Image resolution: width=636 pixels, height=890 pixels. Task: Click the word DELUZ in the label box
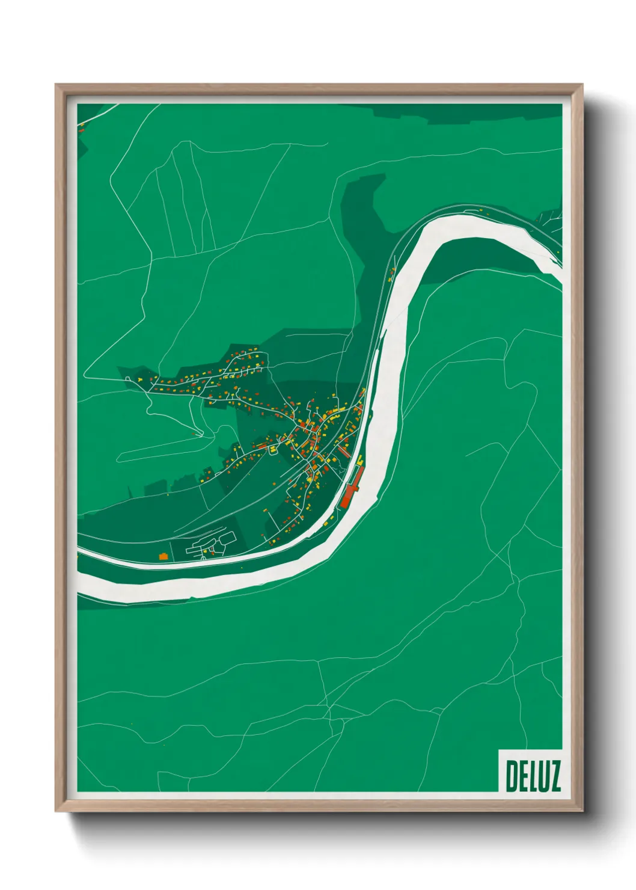[x=533, y=776]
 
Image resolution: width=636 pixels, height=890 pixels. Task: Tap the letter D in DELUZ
[x=512, y=776]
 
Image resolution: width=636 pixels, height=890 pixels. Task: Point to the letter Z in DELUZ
[x=554, y=776]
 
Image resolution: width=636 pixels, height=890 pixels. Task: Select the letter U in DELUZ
[x=542, y=776]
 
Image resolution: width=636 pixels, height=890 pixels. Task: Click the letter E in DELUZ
[x=522, y=776]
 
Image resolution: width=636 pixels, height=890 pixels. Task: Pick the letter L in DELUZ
[x=531, y=776]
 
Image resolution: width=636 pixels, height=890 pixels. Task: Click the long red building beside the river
[x=349, y=487]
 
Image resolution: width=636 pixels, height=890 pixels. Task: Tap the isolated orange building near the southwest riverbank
[x=162, y=557]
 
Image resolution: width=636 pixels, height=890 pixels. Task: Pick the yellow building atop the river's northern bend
[x=481, y=209]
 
